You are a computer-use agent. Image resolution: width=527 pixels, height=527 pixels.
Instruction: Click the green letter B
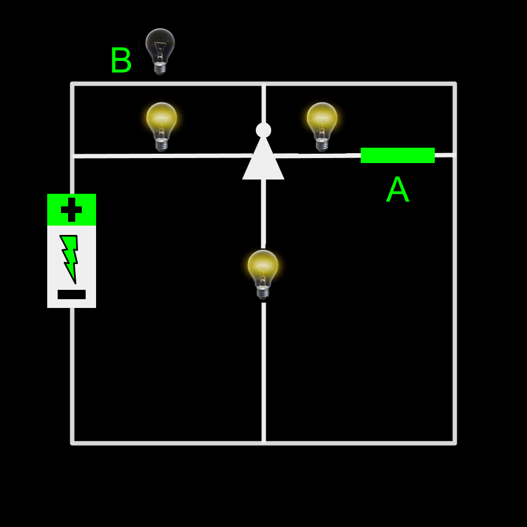tap(121, 60)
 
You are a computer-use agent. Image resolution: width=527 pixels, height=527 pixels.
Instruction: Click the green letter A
tap(397, 190)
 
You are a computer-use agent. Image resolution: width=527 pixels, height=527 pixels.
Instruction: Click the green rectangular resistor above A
tap(397, 155)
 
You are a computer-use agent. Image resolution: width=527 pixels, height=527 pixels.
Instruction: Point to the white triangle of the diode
tap(263, 162)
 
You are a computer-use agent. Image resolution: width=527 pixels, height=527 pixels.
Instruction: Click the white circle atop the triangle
tap(263, 130)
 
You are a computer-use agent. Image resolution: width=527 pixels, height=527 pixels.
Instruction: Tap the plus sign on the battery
tap(71, 210)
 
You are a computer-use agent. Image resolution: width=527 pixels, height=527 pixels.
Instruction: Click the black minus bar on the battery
tap(71, 294)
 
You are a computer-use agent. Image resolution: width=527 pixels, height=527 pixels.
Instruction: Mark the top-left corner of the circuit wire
tap(72, 84)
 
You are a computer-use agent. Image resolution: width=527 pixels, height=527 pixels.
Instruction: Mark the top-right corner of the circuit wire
tap(455, 84)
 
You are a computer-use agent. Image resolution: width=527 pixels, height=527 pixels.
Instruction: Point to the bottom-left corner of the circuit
tap(72, 442)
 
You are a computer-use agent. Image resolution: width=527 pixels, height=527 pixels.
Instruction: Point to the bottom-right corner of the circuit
tap(455, 442)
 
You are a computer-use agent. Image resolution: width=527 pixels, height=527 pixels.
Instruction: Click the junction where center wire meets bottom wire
tap(263, 442)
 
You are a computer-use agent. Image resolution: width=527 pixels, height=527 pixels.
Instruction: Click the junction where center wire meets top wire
tap(263, 84)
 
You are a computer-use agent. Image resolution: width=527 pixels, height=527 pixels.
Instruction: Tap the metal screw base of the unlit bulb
tap(160, 69)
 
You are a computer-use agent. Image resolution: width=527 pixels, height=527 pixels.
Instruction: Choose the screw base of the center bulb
tap(263, 293)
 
